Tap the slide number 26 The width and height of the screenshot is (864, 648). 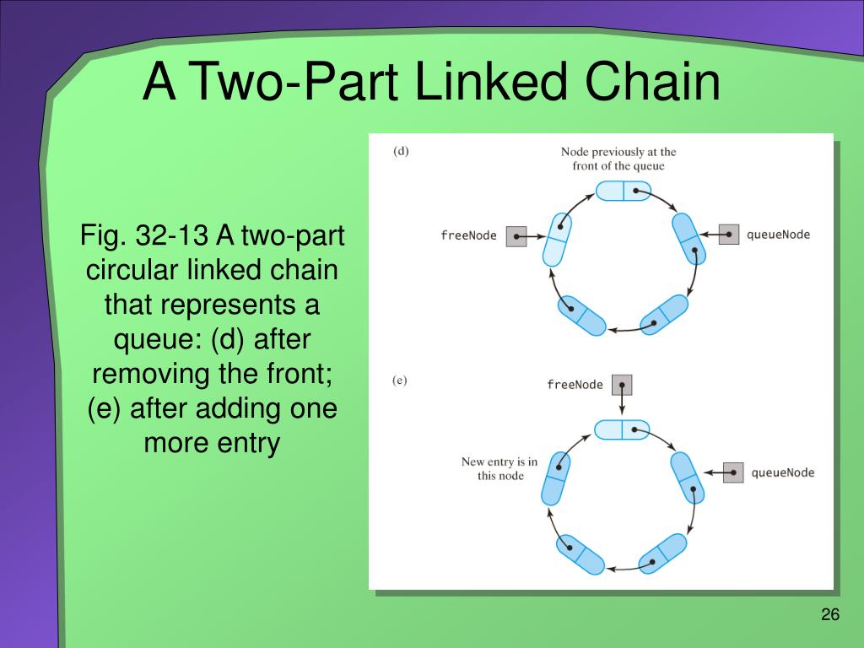[x=830, y=614]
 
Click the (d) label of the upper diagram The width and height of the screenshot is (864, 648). [x=401, y=152]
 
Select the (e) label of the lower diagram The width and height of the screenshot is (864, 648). [x=400, y=380]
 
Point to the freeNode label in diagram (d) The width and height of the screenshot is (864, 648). [x=468, y=235]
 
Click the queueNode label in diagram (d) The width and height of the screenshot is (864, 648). [x=777, y=234]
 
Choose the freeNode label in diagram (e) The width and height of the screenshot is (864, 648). [x=575, y=385]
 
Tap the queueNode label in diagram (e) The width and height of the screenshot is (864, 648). [x=782, y=472]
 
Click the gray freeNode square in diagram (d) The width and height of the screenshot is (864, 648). [x=516, y=236]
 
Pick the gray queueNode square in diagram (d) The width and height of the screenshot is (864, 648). [x=728, y=234]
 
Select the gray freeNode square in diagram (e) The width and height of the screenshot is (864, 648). [x=622, y=385]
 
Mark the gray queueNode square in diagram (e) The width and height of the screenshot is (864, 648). [x=732, y=472]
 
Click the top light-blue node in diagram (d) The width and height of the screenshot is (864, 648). [x=623, y=191]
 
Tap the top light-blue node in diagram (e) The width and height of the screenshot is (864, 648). [x=622, y=429]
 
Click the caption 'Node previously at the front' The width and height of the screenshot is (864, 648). [x=618, y=159]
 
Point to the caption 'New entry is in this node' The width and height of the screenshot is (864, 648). [x=499, y=468]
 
